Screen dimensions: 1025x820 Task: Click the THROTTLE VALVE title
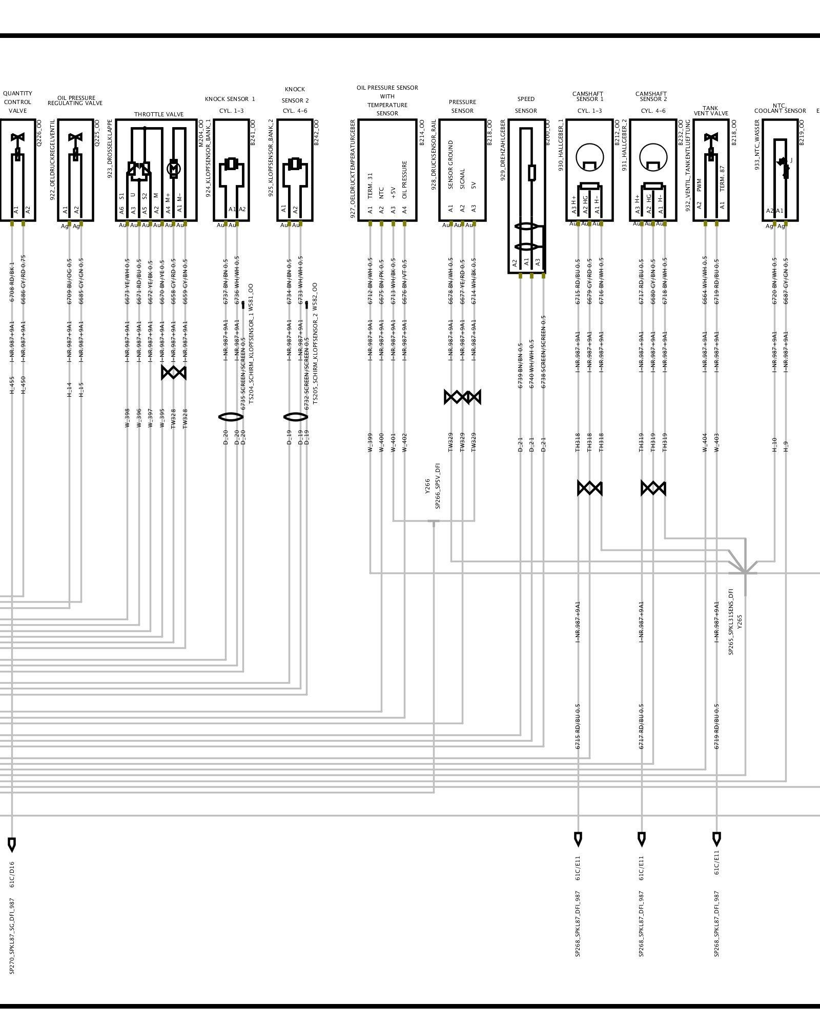coord(159,114)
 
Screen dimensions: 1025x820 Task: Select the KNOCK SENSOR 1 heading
coord(230,99)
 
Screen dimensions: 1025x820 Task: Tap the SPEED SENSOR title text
coord(526,105)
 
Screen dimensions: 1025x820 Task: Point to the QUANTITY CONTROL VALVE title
coord(17,102)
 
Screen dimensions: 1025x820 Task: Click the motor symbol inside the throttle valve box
coord(174,168)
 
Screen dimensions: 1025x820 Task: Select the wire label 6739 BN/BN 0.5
coord(520,365)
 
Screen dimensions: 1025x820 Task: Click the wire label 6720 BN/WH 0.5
coord(774,281)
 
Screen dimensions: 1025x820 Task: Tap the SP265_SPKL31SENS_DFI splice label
coord(731,622)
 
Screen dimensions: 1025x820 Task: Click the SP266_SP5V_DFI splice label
coord(438,486)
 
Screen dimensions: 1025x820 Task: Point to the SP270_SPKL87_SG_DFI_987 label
coord(12,936)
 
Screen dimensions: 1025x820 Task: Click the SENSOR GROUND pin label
coord(451,165)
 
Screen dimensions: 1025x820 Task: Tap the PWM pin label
coord(699,185)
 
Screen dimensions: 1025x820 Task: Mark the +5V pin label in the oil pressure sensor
coord(393,193)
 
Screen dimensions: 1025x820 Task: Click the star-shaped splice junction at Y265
coord(745,572)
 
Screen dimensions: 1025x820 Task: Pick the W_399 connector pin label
coord(370,442)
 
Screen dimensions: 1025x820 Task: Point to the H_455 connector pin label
coord(12,385)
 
